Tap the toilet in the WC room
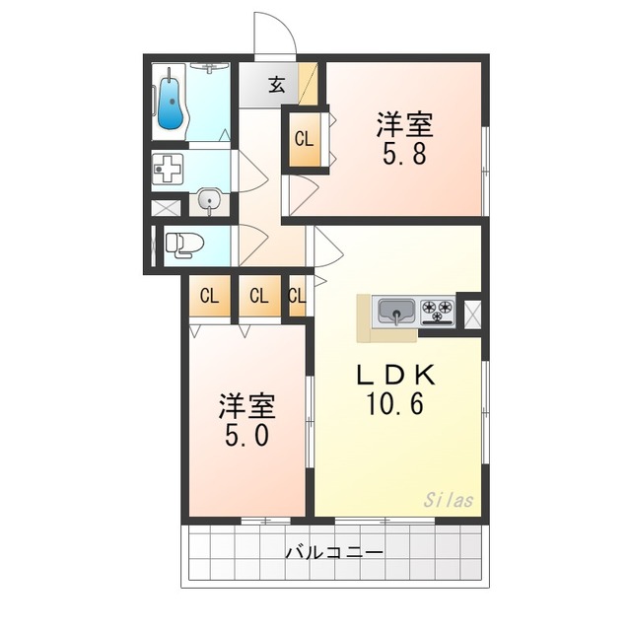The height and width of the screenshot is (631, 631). (183, 244)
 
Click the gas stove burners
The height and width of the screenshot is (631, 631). (437, 313)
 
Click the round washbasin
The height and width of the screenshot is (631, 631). (207, 201)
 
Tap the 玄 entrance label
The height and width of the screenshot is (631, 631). (277, 85)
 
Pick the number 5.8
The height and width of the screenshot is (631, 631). (404, 155)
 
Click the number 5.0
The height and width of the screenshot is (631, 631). (245, 435)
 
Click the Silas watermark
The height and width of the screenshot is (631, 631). (451, 500)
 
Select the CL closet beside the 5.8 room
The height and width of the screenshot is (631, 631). (303, 139)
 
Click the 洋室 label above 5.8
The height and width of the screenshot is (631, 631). (404, 125)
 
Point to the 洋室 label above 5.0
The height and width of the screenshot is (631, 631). (246, 404)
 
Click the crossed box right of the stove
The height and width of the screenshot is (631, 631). (470, 314)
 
